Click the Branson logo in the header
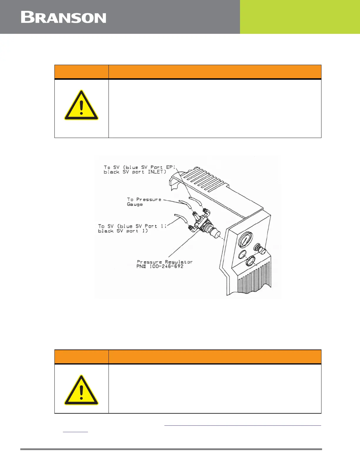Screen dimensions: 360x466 click(x=64, y=17)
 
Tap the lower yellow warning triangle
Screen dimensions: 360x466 click(x=81, y=391)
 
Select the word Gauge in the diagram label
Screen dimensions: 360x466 click(x=135, y=204)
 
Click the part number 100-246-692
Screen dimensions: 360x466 click(x=166, y=267)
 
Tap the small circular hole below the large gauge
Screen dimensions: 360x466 click(x=242, y=254)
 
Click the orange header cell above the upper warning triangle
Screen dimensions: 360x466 click(x=81, y=72)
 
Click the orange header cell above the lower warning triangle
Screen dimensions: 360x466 click(x=81, y=357)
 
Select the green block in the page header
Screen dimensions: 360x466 click(x=300, y=17)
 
